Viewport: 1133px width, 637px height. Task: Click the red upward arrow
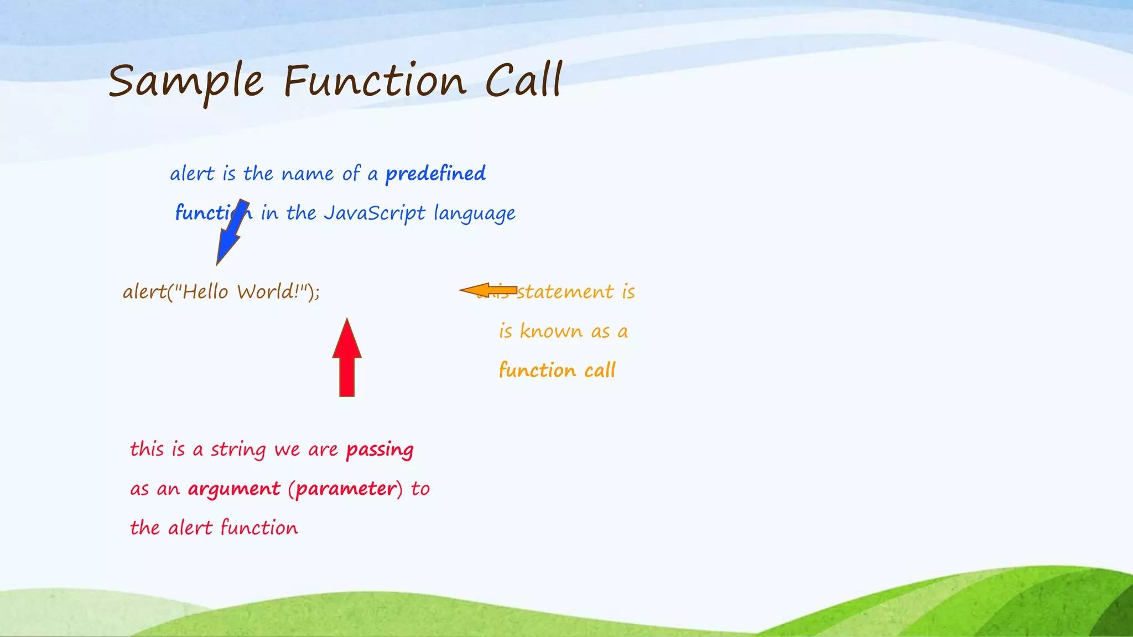(347, 359)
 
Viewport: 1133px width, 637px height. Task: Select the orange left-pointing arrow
(487, 290)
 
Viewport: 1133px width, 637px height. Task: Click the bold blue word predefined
(435, 174)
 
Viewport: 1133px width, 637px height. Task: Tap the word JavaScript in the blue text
(375, 213)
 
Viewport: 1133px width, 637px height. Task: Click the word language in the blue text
(474, 214)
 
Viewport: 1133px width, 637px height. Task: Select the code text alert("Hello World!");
(221, 291)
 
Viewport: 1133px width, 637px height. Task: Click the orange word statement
(565, 292)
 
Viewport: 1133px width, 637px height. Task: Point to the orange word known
(551, 331)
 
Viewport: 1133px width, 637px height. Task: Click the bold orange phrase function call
(557, 370)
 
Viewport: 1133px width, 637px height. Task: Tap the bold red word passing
(380, 450)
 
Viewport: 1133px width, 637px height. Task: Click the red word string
(238, 450)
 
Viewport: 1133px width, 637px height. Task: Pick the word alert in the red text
(190, 528)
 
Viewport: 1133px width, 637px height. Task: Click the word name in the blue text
(308, 174)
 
